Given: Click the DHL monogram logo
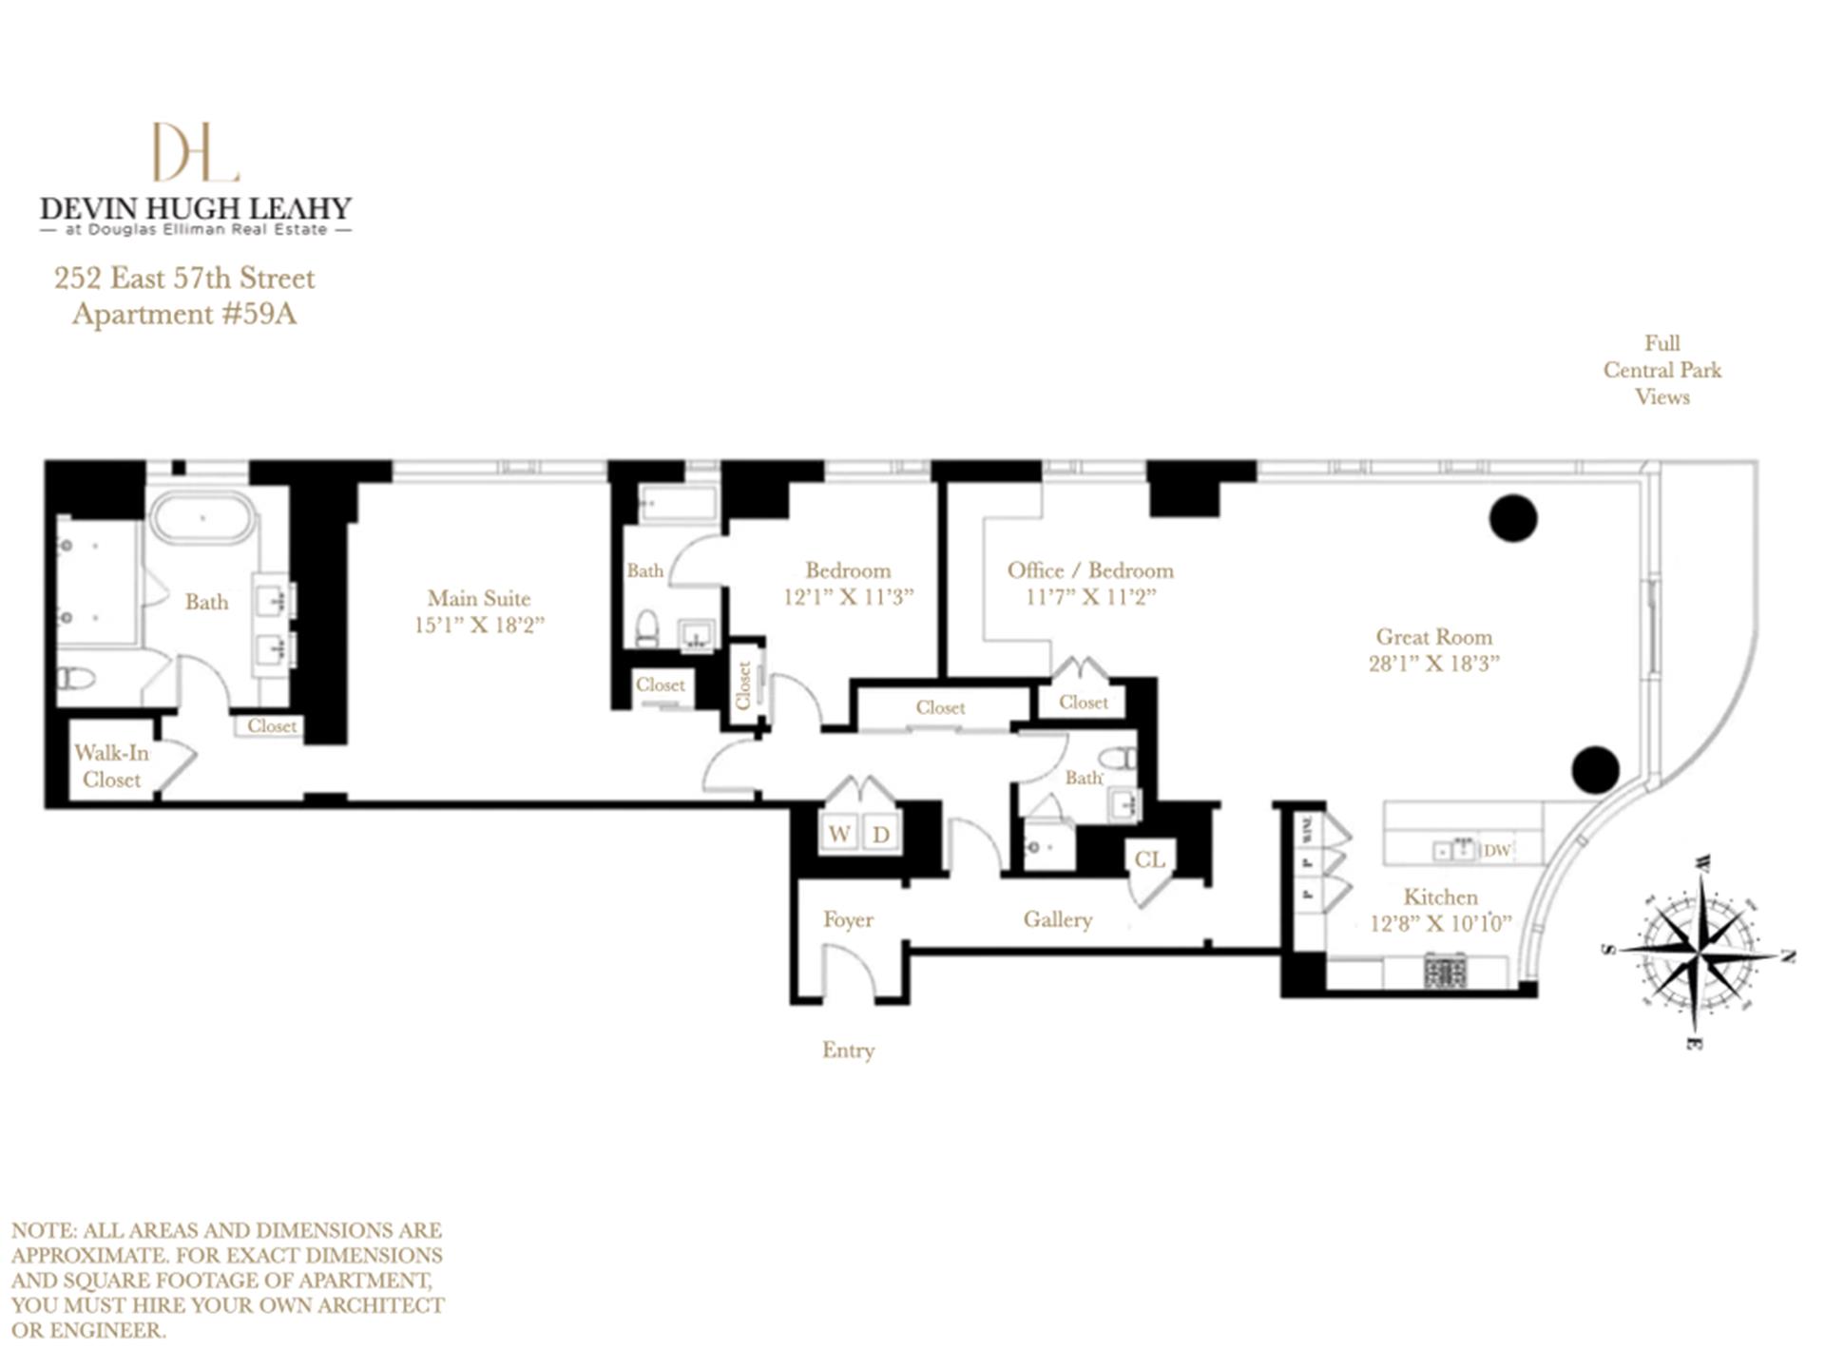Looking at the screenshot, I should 195,152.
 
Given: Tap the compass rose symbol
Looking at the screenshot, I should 1699,951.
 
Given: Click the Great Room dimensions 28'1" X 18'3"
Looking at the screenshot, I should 1433,664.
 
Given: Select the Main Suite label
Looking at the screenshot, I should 478,598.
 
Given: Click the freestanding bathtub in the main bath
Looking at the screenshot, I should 204,519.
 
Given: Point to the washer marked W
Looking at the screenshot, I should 839,834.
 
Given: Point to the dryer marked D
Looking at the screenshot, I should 881,835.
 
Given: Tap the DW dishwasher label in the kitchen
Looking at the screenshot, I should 1496,850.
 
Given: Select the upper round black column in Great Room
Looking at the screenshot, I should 1512,519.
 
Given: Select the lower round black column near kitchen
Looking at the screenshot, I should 1595,770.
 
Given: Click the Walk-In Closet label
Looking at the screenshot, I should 111,766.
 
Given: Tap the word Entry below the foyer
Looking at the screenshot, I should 848,1050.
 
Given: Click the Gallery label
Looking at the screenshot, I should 1057,919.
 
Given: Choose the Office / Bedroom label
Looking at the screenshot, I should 1090,570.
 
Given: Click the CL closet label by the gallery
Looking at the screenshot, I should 1149,859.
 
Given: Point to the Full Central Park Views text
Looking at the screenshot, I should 1662,370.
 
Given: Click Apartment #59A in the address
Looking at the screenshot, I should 184,314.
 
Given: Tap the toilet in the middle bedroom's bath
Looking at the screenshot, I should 647,627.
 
